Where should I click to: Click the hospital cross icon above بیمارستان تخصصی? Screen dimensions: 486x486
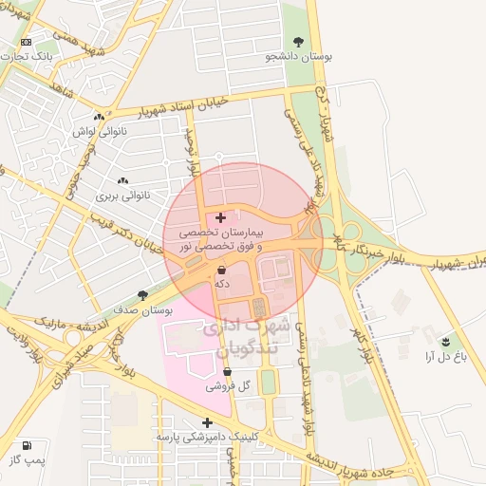tap(221, 217)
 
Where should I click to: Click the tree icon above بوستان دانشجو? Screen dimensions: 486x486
tap(299, 42)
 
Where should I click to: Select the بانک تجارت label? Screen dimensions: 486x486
tap(30, 57)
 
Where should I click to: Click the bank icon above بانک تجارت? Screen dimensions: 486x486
tap(26, 42)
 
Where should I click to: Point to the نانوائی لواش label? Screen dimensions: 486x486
tap(99, 132)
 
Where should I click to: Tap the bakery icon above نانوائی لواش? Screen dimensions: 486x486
tap(99, 117)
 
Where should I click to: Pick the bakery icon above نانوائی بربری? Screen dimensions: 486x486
tap(121, 180)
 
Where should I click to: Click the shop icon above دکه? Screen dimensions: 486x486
tap(221, 270)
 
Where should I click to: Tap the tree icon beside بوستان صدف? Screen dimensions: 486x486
tap(142, 296)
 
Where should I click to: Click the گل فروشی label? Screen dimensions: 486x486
tap(227, 386)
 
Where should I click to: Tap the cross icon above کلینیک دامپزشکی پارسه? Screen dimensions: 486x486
tap(208, 423)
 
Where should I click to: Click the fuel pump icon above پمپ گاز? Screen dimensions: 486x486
tap(26, 444)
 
